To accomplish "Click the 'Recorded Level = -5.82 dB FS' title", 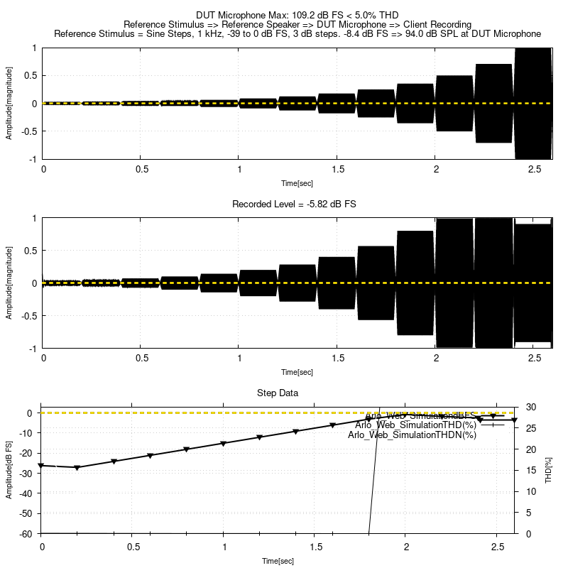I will tap(294, 204).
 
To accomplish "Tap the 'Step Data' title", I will tap(277, 393).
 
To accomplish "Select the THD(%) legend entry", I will tap(415, 425).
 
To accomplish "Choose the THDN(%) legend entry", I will tap(412, 435).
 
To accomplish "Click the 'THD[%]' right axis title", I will tap(549, 470).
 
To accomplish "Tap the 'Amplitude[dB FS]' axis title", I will tap(9, 470).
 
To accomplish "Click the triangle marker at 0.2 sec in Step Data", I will tap(77, 467).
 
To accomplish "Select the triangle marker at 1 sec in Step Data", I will tap(223, 444).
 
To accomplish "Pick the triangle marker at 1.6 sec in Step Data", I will tap(332, 425).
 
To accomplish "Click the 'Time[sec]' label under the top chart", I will tap(297, 183).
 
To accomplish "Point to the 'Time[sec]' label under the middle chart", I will tap(297, 372).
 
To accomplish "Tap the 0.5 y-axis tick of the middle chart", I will tap(31, 250).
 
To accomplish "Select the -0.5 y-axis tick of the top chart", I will tap(30, 131).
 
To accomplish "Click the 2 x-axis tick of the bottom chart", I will tap(405, 547).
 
